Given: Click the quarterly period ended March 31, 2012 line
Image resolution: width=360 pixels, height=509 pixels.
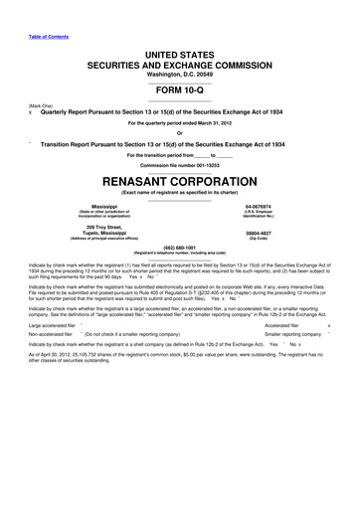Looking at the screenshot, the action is [x=180, y=122].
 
